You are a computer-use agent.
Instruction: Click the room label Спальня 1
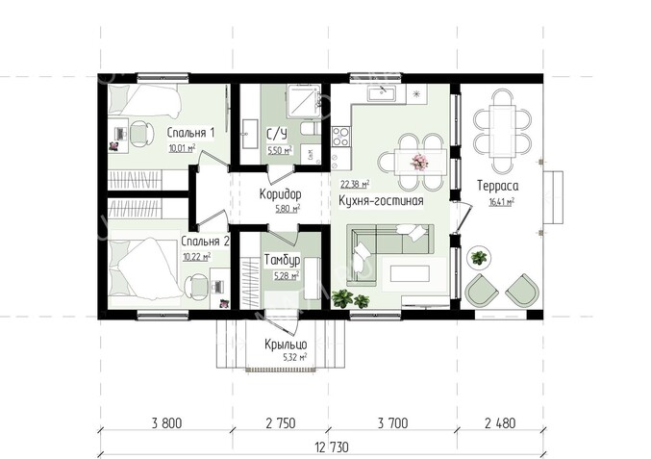click(190, 133)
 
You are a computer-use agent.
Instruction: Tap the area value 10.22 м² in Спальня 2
click(197, 257)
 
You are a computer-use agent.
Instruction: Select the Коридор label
click(281, 194)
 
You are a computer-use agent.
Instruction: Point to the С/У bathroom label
click(277, 134)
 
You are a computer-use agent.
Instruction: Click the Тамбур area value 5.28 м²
click(287, 275)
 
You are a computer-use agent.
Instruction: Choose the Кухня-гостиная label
click(381, 201)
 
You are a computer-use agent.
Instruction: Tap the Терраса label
click(498, 186)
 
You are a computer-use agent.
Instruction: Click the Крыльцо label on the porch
click(286, 344)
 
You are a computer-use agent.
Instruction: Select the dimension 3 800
click(167, 423)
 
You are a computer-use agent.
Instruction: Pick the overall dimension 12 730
click(332, 447)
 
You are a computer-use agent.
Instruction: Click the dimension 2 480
click(500, 423)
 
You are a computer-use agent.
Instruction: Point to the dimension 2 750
click(281, 423)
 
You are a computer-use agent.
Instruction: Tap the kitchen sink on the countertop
click(381, 93)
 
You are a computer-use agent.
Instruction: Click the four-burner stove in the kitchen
click(340, 137)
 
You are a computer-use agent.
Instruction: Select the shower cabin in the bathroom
click(303, 100)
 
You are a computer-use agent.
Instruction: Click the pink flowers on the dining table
click(419, 162)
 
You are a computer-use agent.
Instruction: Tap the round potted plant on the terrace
click(479, 258)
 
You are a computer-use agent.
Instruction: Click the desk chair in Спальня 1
click(141, 134)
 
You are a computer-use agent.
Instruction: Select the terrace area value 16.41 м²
click(502, 202)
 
